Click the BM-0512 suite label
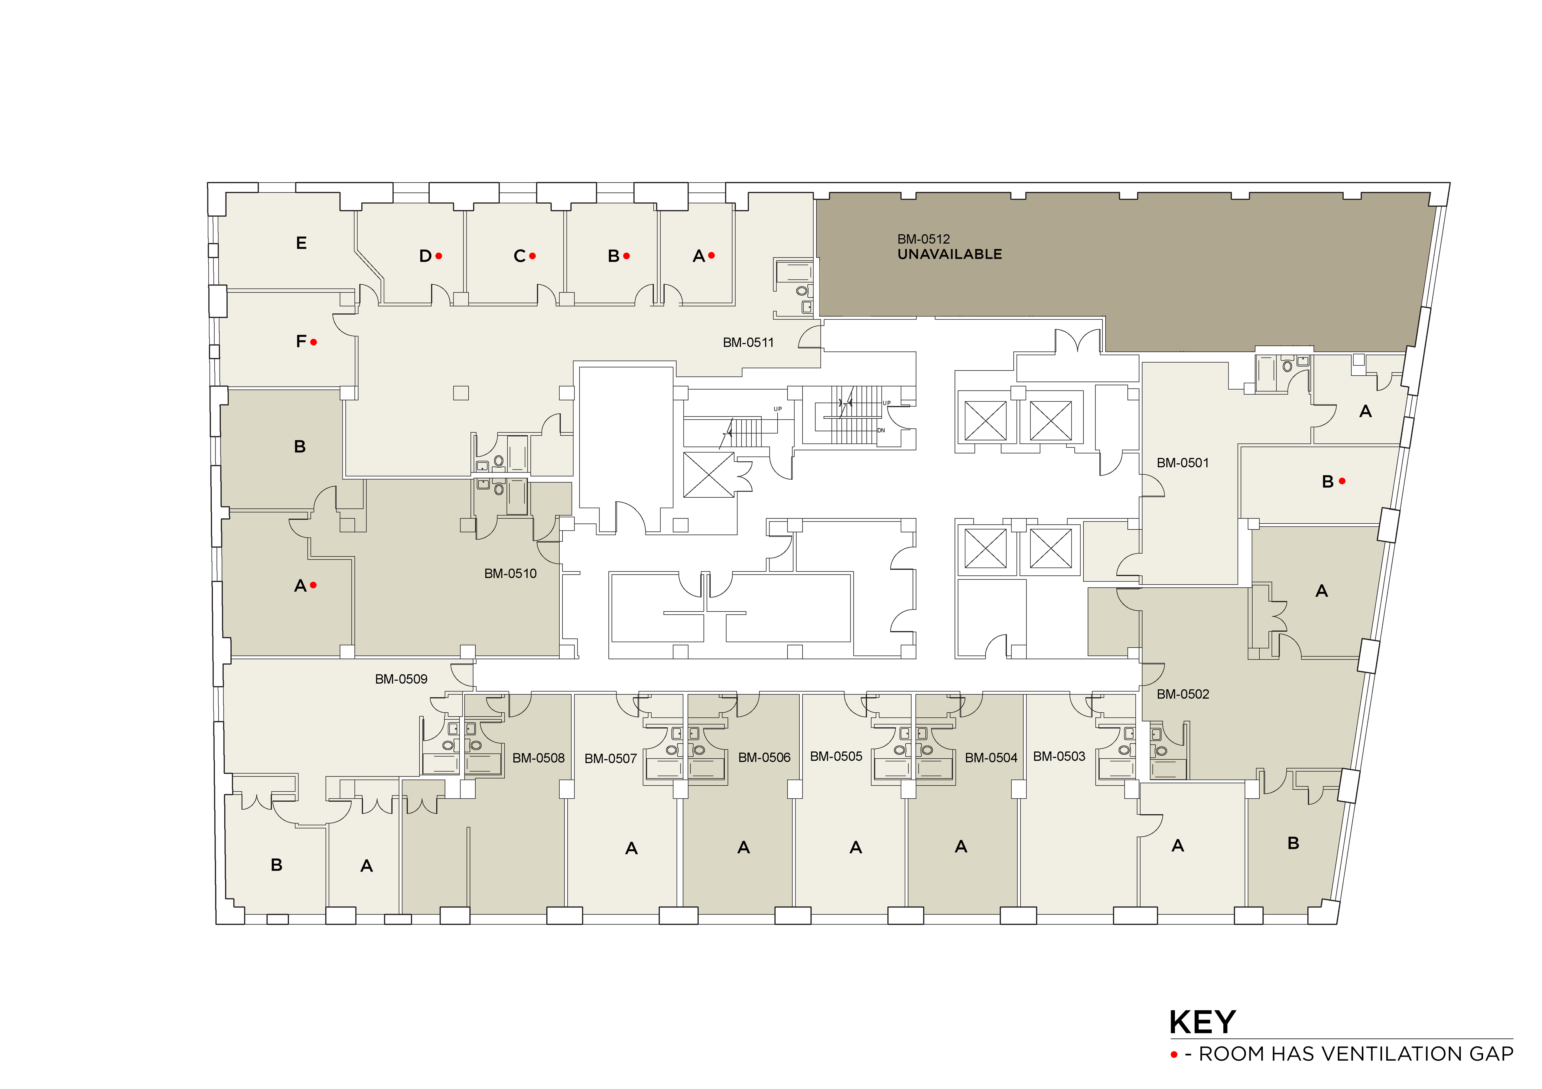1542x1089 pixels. pyautogui.click(x=923, y=239)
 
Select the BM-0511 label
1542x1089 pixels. pyautogui.click(x=748, y=343)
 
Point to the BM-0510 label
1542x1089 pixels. pyautogui.click(x=510, y=574)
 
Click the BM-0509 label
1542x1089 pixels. pyautogui.click(x=401, y=679)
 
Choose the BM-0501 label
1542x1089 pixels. pyautogui.click(x=1183, y=463)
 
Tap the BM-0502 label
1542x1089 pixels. pyautogui.click(x=1183, y=694)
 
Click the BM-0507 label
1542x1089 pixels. pyautogui.click(x=610, y=758)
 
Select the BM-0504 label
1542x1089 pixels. pyautogui.click(x=991, y=758)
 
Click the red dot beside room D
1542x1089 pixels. pyautogui.click(x=438, y=256)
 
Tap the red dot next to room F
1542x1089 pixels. pyautogui.click(x=314, y=342)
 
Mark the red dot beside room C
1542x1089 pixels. pyautogui.click(x=532, y=256)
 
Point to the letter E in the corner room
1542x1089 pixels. pyautogui.click(x=301, y=243)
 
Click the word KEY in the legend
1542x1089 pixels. pyautogui.click(x=1202, y=1022)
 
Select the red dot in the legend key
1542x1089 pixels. pyautogui.click(x=1174, y=1055)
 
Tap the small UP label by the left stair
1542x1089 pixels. pyautogui.click(x=778, y=409)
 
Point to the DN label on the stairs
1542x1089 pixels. pyautogui.click(x=881, y=431)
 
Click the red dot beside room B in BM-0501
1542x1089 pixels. pyautogui.click(x=1342, y=481)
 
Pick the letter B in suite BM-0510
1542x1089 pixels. pyautogui.click(x=300, y=447)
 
